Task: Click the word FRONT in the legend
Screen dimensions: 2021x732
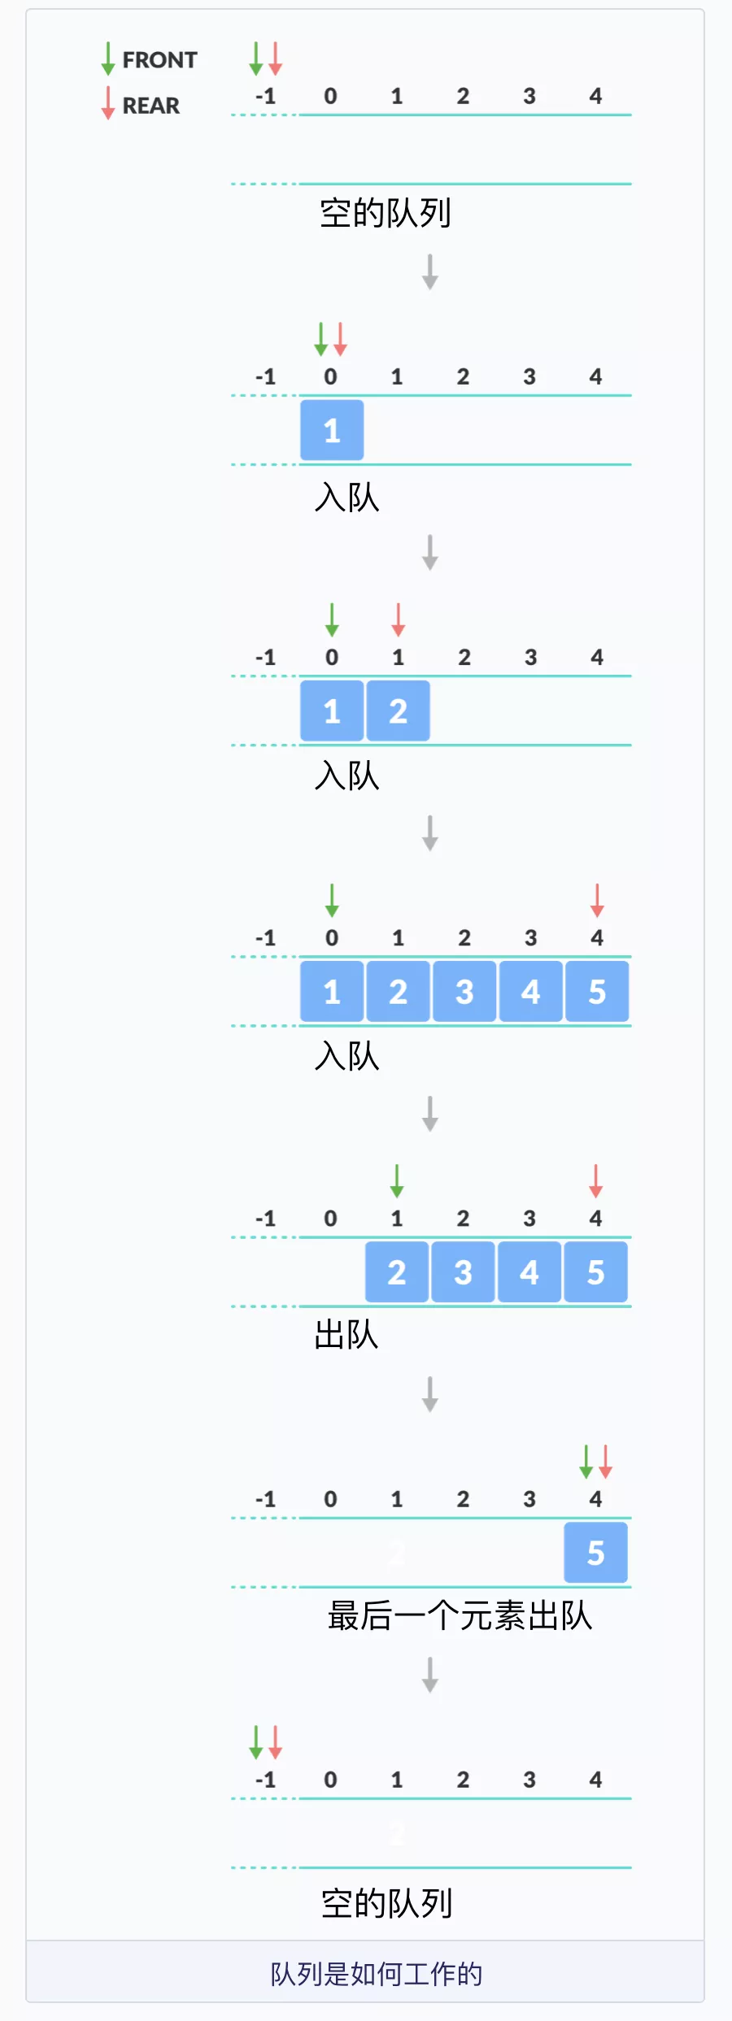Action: coord(159,60)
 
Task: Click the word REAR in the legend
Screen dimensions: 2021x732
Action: coord(150,106)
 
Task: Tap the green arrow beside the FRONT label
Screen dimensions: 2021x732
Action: coord(108,59)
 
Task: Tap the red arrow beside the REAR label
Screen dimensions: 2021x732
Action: coord(108,103)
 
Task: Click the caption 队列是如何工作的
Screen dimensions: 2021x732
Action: coord(376,1974)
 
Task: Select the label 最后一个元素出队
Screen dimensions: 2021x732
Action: coord(460,1616)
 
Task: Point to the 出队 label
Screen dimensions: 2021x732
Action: coord(346,1335)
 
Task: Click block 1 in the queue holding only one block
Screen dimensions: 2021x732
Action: coord(332,430)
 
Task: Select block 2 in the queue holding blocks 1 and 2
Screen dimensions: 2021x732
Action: coord(398,711)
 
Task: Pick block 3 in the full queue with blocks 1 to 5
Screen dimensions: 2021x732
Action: coord(464,992)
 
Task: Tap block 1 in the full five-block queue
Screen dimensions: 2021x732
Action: coord(332,992)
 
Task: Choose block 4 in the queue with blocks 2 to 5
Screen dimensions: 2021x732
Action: coord(529,1272)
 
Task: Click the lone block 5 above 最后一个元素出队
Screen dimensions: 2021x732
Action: coord(595,1553)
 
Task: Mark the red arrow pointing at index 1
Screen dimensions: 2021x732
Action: coord(398,619)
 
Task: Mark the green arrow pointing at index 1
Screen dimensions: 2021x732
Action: coord(397,1180)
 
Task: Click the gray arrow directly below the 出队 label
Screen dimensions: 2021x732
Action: coord(430,1394)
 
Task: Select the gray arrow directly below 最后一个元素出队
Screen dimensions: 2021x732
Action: coord(430,1675)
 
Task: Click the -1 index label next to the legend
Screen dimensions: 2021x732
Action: coord(266,97)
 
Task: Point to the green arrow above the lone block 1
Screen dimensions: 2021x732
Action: coord(321,339)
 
